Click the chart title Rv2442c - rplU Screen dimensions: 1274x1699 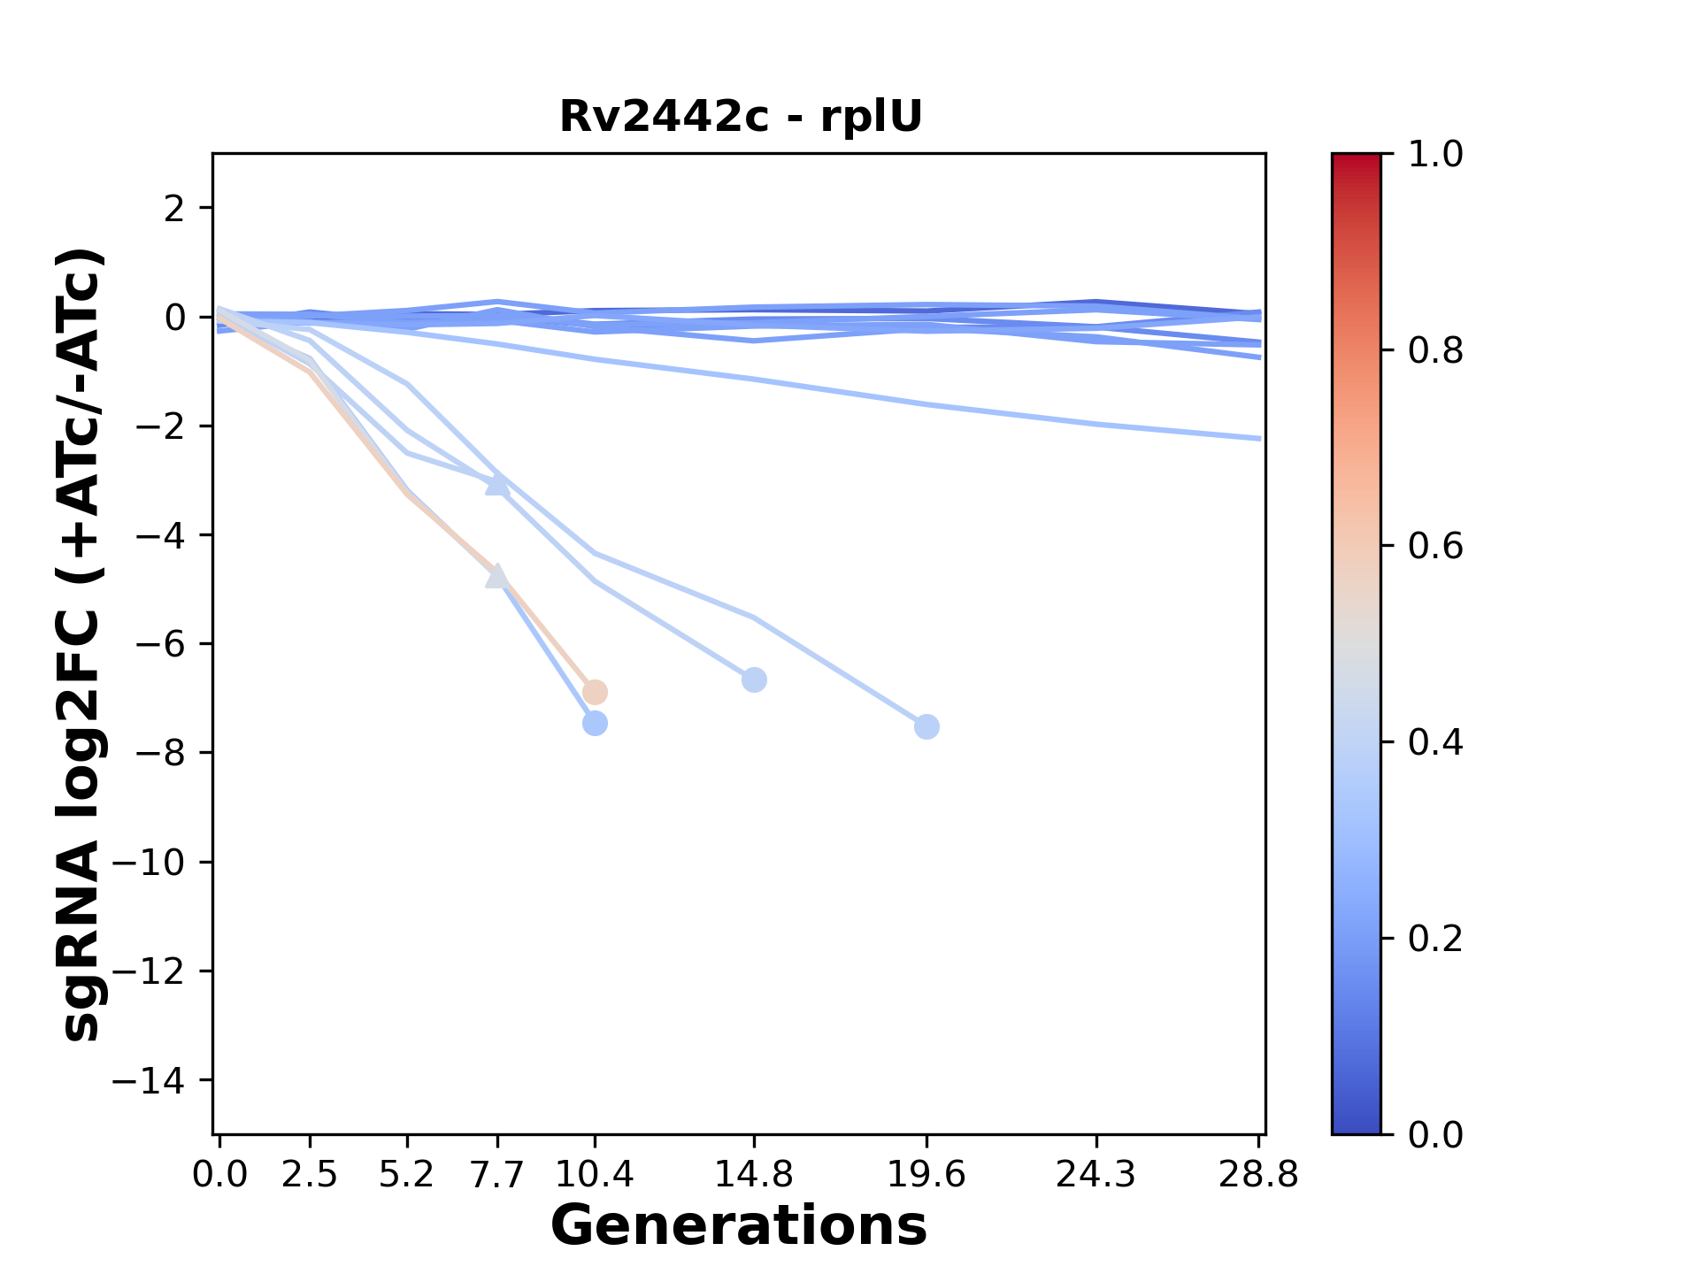coord(741,117)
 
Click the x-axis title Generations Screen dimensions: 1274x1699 coord(739,1226)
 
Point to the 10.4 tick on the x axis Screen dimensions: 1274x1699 coord(595,1175)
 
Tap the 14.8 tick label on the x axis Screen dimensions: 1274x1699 coord(754,1175)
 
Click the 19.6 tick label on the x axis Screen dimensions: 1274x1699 coord(926,1175)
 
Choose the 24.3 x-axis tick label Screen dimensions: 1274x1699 coord(1096,1175)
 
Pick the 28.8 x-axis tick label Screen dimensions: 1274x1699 coord(1258,1175)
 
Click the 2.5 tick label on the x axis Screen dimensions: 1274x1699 coord(310,1175)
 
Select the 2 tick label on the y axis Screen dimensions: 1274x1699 coord(175,209)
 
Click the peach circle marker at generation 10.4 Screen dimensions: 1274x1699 coord(596,692)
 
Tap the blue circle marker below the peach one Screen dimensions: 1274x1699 coord(596,724)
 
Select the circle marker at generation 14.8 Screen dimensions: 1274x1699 coord(754,680)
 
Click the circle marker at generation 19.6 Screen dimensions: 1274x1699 coord(926,727)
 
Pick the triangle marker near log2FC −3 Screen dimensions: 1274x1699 coord(497,484)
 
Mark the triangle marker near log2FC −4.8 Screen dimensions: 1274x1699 coord(497,576)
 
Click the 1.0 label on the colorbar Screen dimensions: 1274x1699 coord(1435,155)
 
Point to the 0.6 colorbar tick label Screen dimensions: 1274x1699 coord(1435,547)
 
